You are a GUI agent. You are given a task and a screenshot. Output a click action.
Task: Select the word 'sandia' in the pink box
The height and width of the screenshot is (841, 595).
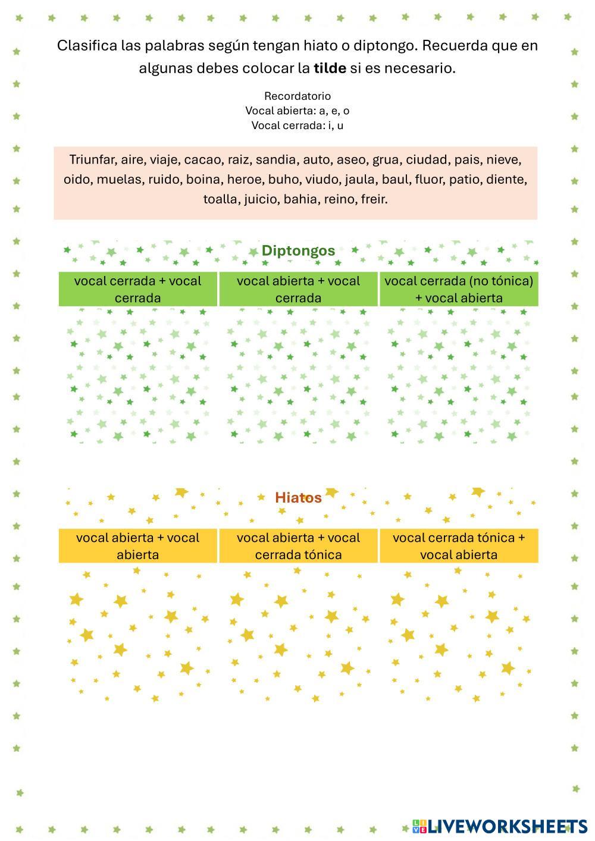pos(275,159)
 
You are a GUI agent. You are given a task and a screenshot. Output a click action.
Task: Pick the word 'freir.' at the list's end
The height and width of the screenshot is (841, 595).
pos(374,199)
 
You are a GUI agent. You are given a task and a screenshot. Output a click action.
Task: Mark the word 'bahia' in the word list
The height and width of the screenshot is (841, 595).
pos(301,199)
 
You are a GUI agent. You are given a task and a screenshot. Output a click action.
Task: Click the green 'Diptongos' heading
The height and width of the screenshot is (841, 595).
pos(298,250)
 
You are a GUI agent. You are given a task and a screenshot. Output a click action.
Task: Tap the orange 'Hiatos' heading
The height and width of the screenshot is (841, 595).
pos(298,498)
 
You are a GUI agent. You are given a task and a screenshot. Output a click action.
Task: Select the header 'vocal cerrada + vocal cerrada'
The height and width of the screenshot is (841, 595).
pos(137,289)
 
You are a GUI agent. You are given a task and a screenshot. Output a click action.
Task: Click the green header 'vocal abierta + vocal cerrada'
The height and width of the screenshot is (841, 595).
pos(298,289)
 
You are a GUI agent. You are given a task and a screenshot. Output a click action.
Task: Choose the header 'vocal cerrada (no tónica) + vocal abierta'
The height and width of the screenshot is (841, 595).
pos(459,289)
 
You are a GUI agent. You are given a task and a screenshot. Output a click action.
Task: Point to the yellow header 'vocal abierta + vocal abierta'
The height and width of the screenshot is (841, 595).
pos(137,546)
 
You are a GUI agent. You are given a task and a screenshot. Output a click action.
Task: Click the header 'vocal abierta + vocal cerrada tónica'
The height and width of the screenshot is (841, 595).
pos(298,546)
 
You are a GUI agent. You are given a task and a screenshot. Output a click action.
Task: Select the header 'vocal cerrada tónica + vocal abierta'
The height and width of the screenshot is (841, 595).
pos(459,546)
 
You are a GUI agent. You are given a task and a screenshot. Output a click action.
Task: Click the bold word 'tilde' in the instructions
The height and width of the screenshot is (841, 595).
pos(330,68)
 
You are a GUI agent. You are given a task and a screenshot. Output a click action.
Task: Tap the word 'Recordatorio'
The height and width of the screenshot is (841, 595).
pos(297,96)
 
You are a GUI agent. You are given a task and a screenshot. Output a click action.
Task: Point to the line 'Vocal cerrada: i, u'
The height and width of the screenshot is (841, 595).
pos(297,125)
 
